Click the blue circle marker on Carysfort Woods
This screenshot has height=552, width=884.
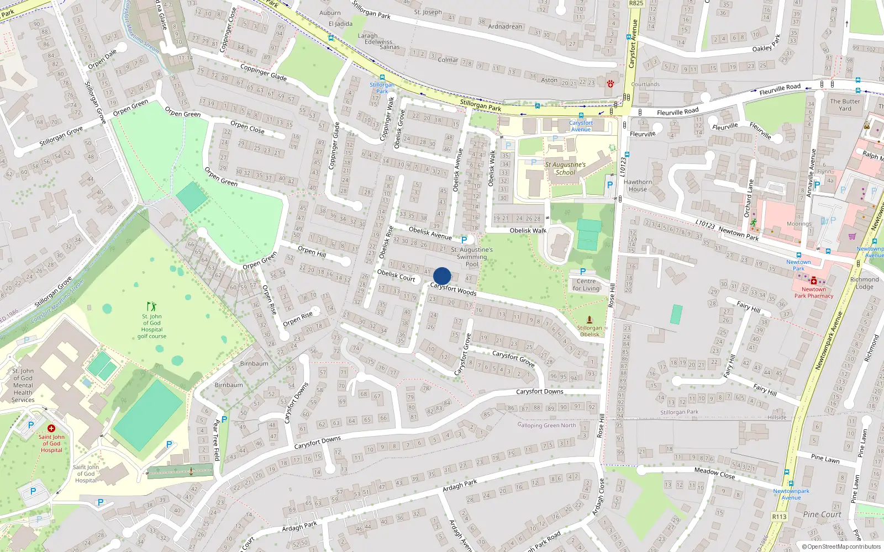(442, 276)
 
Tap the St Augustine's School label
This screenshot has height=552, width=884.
(565, 168)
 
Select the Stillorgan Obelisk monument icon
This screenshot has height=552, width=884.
(590, 320)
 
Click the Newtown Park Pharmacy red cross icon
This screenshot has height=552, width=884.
(814, 281)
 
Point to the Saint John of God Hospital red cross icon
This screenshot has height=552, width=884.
(51, 428)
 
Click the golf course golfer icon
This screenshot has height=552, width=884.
(151, 306)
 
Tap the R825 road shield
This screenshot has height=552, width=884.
(636, 3)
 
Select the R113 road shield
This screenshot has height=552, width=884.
(779, 517)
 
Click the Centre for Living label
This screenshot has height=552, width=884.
(586, 285)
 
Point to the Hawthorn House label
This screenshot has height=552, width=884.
(638, 185)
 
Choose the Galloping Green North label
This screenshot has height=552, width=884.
(546, 425)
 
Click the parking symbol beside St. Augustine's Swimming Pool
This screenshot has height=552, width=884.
(464, 240)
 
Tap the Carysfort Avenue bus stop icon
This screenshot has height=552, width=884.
(581, 116)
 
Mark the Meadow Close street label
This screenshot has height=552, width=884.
(714, 473)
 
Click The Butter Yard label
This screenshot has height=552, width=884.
(845, 105)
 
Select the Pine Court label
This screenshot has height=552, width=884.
(822, 514)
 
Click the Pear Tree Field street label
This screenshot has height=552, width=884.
(216, 440)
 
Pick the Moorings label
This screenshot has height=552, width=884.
(799, 224)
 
